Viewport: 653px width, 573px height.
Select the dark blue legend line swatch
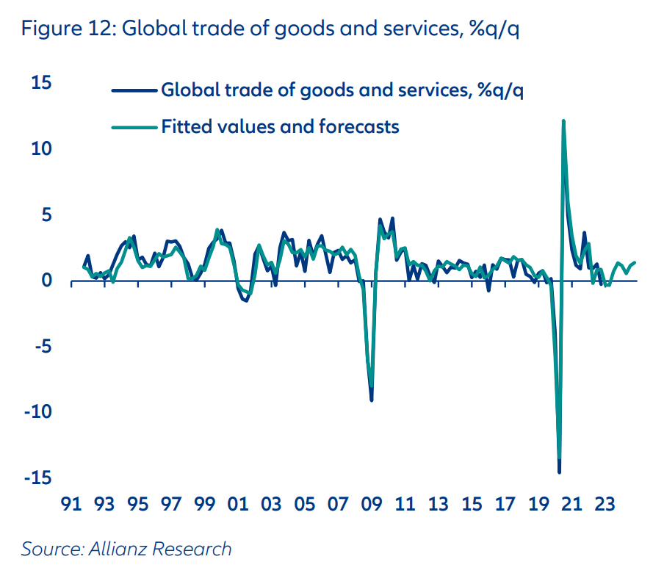tap(134, 91)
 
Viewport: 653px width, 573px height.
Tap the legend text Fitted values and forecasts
tap(280, 126)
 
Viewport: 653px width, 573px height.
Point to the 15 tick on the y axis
tap(42, 82)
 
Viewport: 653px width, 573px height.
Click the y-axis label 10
tap(41, 148)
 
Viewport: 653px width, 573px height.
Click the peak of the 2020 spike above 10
tap(563, 120)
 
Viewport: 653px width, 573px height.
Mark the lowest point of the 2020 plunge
tap(559, 472)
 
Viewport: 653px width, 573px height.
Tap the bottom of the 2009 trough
tap(372, 400)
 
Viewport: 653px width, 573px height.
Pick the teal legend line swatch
tap(134, 127)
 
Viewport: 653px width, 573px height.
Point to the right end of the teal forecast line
tap(635, 262)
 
